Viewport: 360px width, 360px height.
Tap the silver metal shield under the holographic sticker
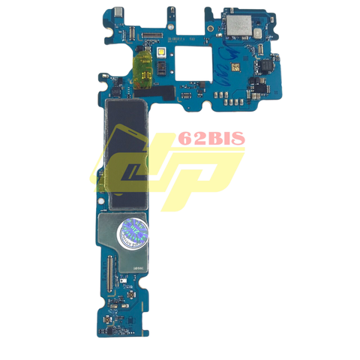point(124,232)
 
